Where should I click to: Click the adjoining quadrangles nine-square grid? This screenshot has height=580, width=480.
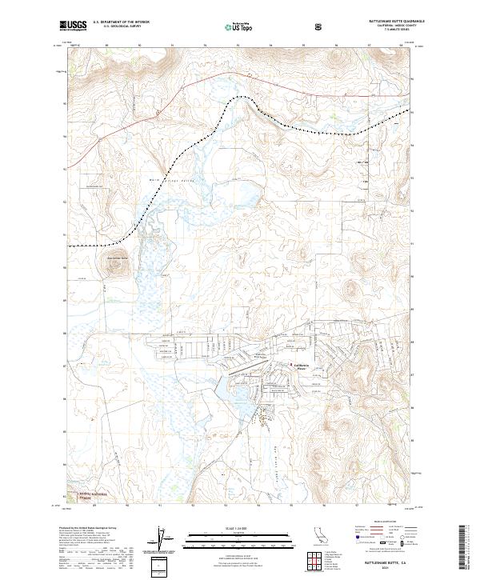point(320,561)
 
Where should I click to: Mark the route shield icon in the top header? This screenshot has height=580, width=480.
point(320,26)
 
